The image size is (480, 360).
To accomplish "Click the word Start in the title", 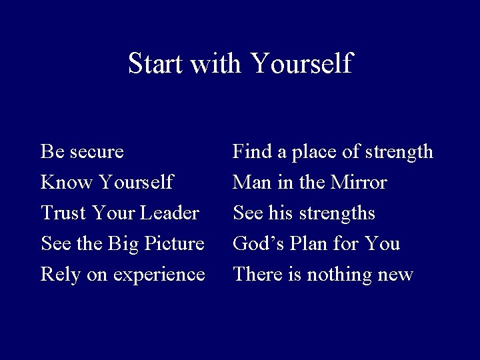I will coord(155,64).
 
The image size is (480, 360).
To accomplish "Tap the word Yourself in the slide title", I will coord(301,64).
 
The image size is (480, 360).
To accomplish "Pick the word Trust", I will coord(61,213).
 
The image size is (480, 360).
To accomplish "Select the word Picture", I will coord(174,244).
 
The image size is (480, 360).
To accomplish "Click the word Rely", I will coord(58,275).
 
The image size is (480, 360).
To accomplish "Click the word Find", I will coord(249,152).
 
